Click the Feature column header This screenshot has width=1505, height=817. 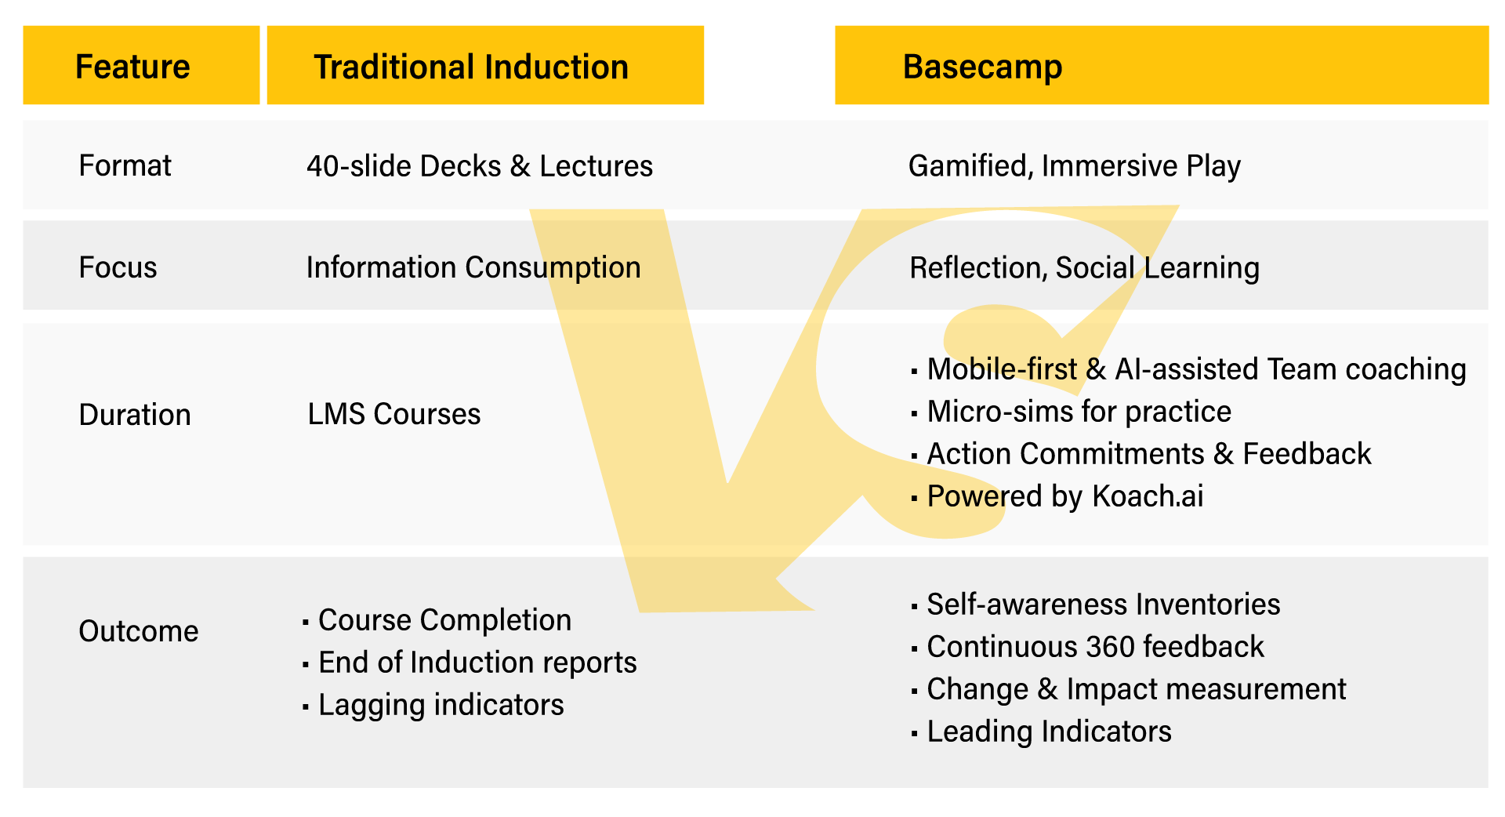132,67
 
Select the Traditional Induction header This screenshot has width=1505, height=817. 471,67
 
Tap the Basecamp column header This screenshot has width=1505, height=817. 982,67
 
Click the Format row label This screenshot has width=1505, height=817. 125,166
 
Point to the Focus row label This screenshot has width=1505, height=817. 118,268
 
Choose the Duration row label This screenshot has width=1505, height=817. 135,415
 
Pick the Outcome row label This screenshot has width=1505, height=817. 139,631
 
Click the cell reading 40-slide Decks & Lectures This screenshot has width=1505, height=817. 480,166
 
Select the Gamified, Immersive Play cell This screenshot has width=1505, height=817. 1075,166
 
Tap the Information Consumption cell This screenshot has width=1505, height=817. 473,268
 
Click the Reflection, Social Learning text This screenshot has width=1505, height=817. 1085,268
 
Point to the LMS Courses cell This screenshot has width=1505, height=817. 394,414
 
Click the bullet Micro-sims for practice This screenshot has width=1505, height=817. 1079,412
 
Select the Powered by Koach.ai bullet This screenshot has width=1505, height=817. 1064,496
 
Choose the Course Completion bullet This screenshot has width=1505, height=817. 444,620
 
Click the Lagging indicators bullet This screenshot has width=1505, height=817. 441,705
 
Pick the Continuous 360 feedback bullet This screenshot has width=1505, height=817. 1095,647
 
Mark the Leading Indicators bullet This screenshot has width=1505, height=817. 1049,732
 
